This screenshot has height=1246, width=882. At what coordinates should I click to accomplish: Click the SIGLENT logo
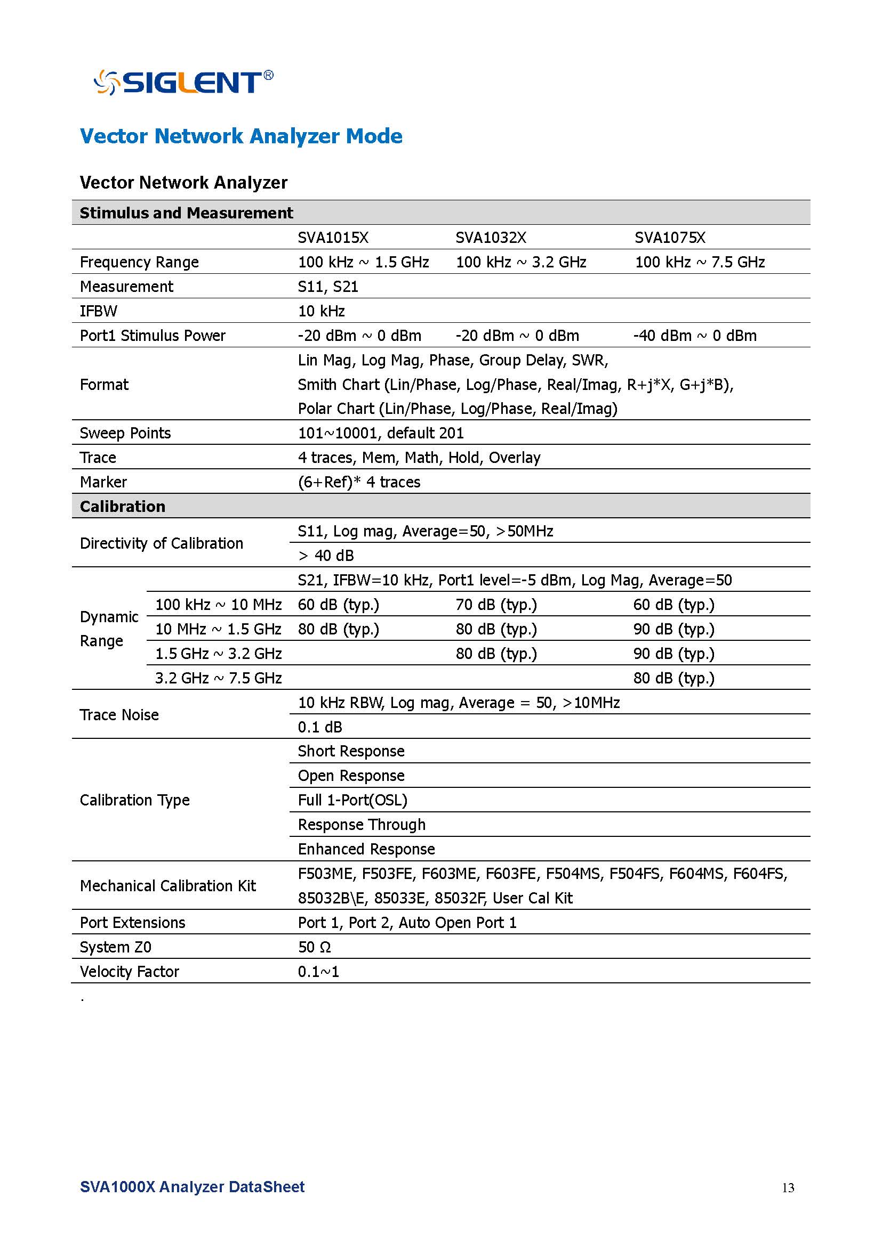pyautogui.click(x=183, y=83)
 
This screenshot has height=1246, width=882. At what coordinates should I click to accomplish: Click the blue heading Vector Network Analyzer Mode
pyautogui.click(x=241, y=136)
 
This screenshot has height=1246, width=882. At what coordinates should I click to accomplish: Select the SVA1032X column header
pyautogui.click(x=491, y=238)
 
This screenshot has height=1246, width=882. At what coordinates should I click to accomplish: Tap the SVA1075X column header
pyautogui.click(x=670, y=238)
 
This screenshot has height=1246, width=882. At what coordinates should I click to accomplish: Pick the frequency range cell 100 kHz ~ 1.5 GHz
pyautogui.click(x=363, y=262)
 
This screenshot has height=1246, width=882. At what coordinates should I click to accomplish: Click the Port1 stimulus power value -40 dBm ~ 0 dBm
pyautogui.click(x=695, y=336)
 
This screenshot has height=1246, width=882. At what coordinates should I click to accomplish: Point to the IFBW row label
pyautogui.click(x=98, y=311)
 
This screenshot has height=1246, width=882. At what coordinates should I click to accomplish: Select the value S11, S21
pyautogui.click(x=328, y=287)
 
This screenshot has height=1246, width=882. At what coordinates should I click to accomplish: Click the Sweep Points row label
pyautogui.click(x=125, y=433)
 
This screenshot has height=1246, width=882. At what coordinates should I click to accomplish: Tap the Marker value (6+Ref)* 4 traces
pyautogui.click(x=359, y=482)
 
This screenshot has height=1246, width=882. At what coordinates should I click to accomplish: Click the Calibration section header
pyautogui.click(x=123, y=506)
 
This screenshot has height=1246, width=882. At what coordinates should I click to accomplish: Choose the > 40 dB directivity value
pyautogui.click(x=326, y=556)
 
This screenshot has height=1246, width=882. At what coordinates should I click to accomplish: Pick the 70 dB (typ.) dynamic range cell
pyautogui.click(x=496, y=605)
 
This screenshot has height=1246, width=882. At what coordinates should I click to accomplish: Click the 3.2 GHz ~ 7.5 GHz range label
pyautogui.click(x=218, y=678)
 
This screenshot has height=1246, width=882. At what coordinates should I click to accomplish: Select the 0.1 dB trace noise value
pyautogui.click(x=320, y=727)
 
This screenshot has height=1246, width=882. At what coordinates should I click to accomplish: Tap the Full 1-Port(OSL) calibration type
pyautogui.click(x=352, y=801)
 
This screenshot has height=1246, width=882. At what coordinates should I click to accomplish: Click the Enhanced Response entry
pyautogui.click(x=366, y=849)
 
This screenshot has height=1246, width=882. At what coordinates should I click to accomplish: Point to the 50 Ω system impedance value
pyautogui.click(x=315, y=948)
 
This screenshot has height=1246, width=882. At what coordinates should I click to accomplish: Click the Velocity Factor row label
pyautogui.click(x=129, y=972)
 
